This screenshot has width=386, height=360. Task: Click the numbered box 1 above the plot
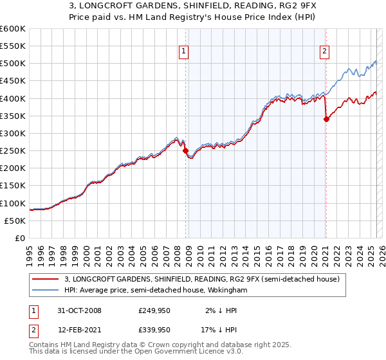coord(184,53)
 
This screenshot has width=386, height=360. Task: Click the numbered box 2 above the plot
coord(324,53)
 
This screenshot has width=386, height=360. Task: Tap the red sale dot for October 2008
coord(186,151)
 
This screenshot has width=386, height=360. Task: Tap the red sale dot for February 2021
coord(326,119)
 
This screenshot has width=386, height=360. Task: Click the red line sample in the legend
coord(47,279)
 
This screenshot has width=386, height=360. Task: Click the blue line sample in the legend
coord(47,291)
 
